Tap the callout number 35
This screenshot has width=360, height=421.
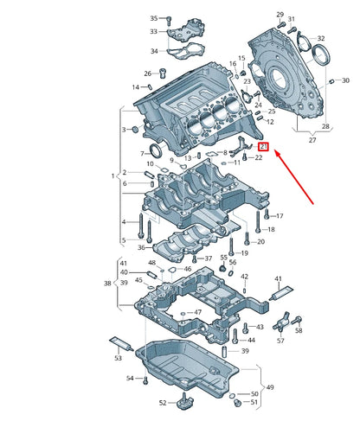[154, 18]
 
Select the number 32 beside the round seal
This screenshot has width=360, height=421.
[321, 39]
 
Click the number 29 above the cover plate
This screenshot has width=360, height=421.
[280, 15]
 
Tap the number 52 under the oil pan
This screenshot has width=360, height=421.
[162, 403]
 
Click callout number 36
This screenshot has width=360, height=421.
[141, 247]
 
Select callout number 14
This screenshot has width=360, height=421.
[136, 87]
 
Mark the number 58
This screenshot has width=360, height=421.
[299, 330]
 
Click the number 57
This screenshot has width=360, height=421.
[280, 341]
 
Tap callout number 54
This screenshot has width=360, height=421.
[130, 378]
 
